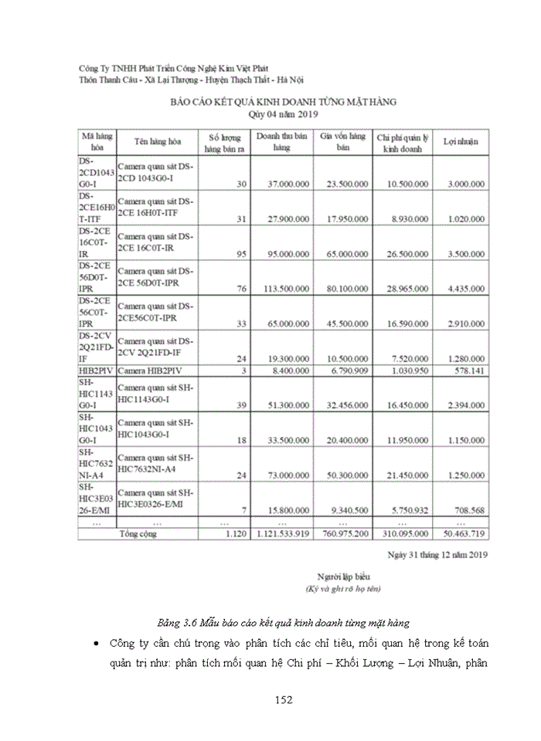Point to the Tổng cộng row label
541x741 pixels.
(x=138, y=533)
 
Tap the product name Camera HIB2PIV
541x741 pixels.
(x=150, y=370)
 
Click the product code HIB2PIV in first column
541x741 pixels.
(x=96, y=370)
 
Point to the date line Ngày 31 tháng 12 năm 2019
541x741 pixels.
(x=437, y=553)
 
